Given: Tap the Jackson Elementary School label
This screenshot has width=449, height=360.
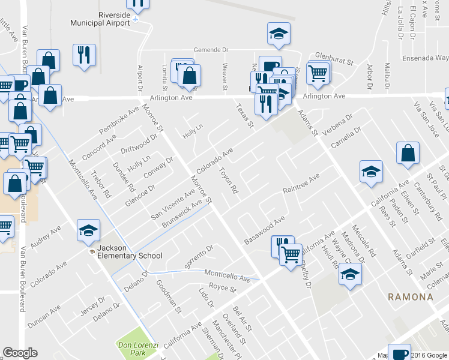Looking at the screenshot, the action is (127, 256).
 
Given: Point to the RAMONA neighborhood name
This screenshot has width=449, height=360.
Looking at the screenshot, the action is (410, 297).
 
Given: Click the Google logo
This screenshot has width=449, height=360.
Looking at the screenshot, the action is (20, 353).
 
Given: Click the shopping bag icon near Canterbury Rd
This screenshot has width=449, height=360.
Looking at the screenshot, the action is (408, 153).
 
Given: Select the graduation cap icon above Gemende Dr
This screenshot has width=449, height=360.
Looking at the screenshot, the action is (279, 34).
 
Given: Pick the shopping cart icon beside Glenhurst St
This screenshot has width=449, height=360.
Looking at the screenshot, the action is (318, 73).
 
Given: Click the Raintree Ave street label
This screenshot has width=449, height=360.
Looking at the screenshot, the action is (301, 185).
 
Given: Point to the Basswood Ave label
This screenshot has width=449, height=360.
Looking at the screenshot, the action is (264, 232).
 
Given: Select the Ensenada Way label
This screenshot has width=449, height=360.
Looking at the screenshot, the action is (426, 58).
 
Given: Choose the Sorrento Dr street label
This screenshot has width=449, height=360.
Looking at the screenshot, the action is (199, 257).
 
